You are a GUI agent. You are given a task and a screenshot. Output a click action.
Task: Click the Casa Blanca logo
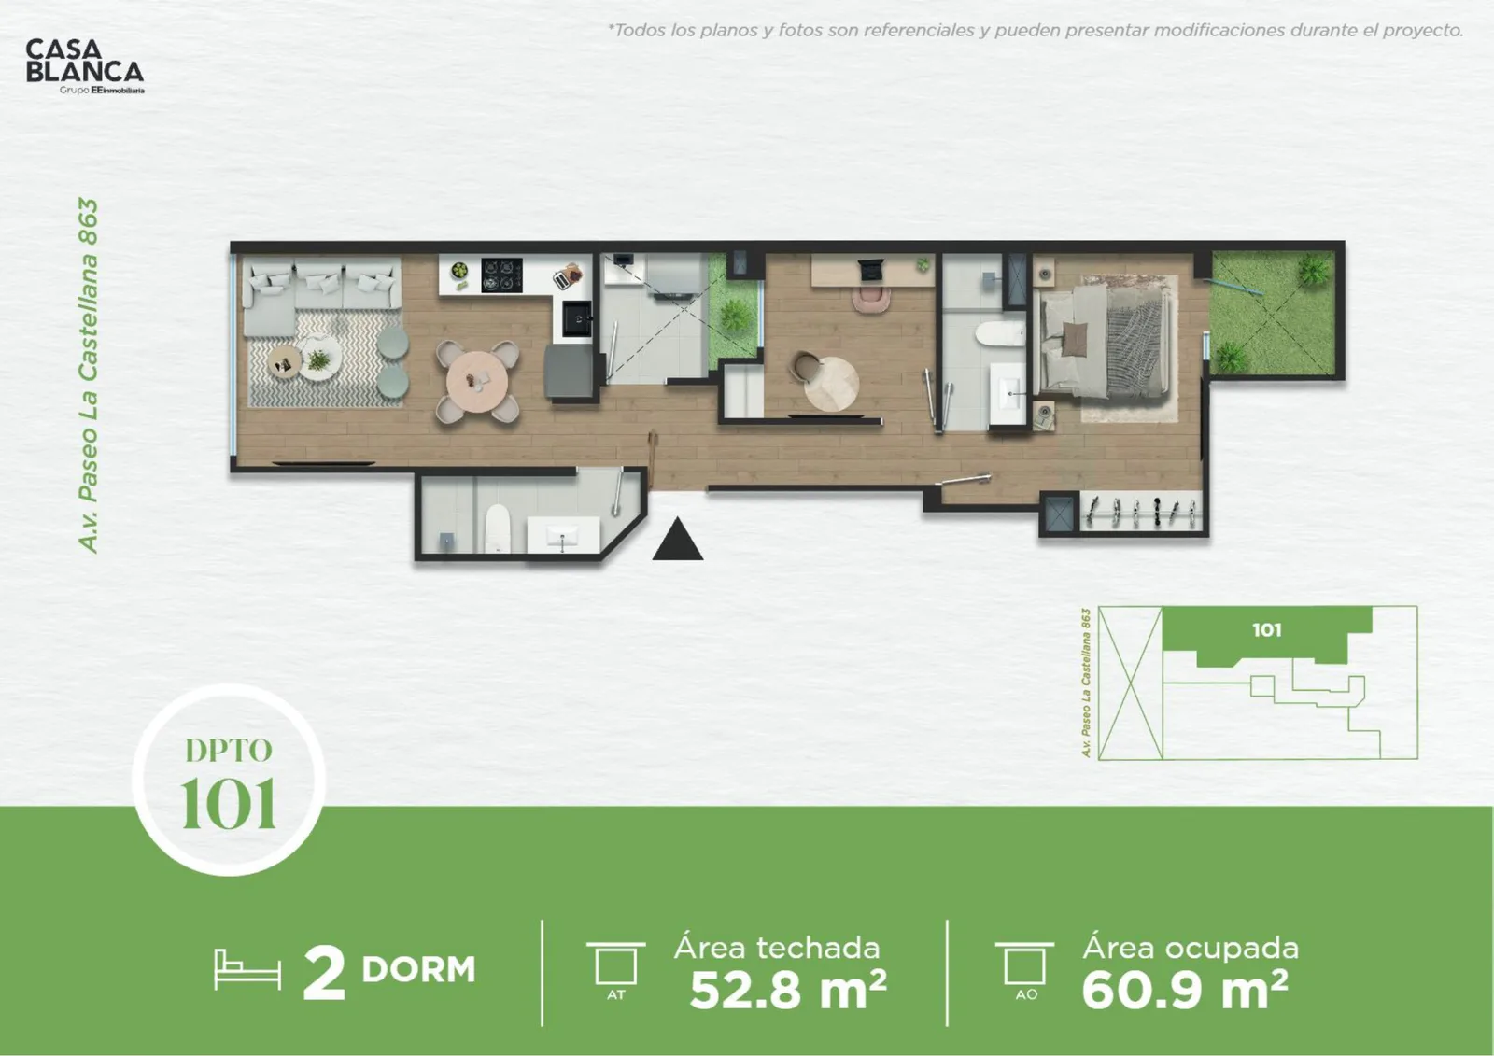85,66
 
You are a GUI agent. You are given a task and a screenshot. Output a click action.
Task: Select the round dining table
477,382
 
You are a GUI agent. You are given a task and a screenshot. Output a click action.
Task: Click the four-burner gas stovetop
501,275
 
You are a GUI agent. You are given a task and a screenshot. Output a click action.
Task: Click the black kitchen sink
577,319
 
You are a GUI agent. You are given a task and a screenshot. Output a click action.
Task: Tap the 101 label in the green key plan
1266,629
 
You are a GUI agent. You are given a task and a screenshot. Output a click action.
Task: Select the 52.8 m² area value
788,990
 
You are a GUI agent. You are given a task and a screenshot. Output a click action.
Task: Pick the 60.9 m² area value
1185,990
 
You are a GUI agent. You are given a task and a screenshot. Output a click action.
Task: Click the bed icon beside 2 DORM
247,969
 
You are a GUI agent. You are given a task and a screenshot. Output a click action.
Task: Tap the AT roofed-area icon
615,971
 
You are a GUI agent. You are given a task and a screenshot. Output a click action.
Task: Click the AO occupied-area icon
1025,971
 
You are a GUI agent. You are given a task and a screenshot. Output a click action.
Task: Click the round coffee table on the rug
285,363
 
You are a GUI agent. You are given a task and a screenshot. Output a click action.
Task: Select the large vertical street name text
88,375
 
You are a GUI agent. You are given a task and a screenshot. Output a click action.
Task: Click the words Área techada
777,948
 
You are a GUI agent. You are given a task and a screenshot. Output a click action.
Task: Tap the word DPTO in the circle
229,751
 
